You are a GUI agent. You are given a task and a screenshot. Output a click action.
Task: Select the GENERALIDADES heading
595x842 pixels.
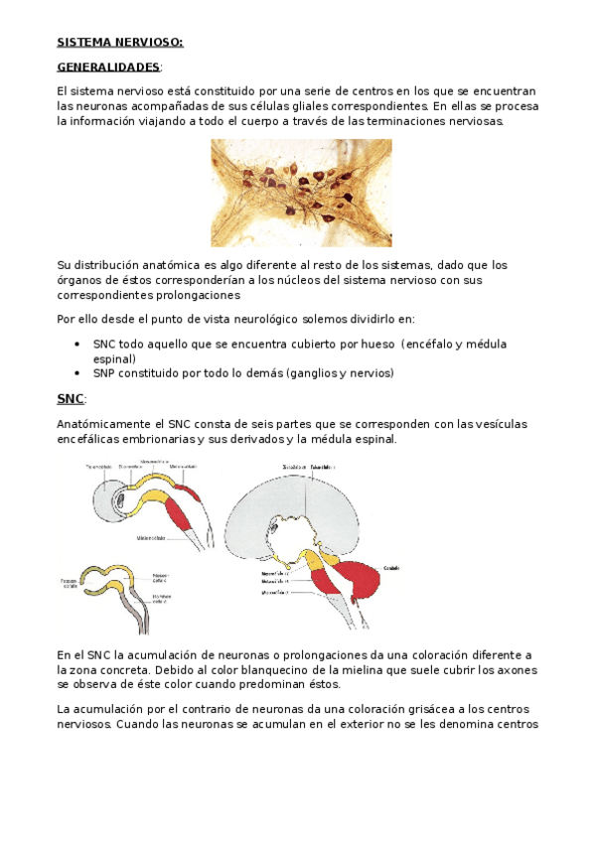click(x=108, y=67)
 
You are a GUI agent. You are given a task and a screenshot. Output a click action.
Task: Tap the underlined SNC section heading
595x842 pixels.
click(x=71, y=398)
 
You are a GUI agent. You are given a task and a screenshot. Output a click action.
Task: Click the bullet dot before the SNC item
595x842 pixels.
click(x=78, y=344)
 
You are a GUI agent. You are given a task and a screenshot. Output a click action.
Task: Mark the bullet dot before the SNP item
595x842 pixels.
click(x=78, y=373)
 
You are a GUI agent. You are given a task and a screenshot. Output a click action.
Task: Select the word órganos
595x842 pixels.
click(x=79, y=280)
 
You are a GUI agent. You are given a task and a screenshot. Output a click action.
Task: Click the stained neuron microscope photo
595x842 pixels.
click(x=301, y=192)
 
